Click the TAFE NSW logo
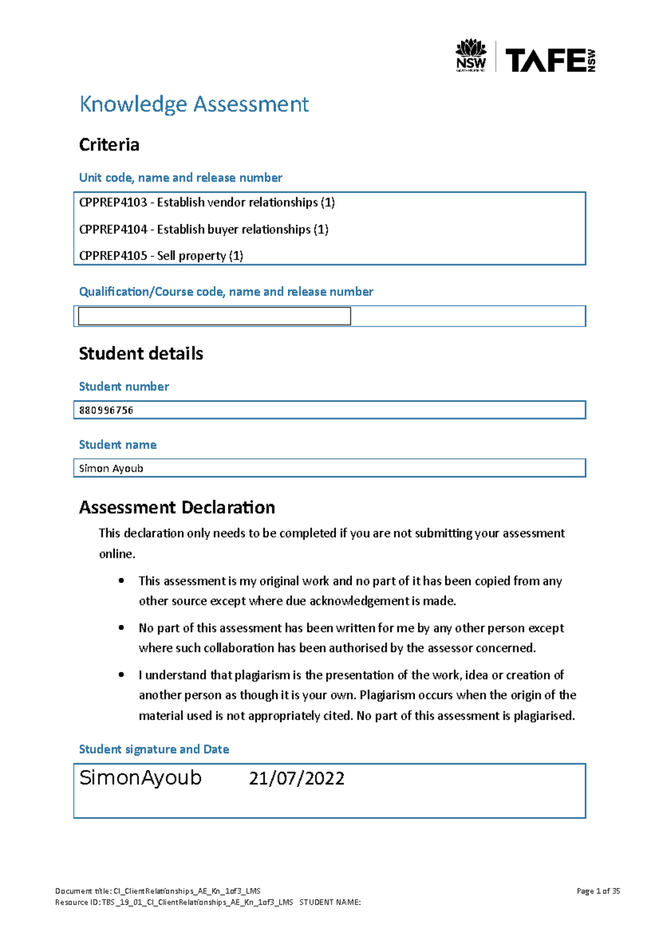coord(550,60)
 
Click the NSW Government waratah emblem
coord(471,55)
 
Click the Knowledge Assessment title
coord(194,104)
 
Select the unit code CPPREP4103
coord(113,203)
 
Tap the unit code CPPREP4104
coord(113,229)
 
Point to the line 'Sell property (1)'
coord(200,256)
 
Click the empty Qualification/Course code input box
coord(214,316)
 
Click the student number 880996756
coord(106,410)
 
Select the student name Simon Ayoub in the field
coord(111,468)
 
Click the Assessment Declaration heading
coord(177,507)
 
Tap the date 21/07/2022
coord(297,778)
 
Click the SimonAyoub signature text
coord(141,778)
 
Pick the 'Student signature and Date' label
coord(154,749)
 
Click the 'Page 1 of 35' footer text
coord(598,891)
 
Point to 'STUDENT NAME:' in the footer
coord(329,902)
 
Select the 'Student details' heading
coord(141,353)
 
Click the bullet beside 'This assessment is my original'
coord(121,581)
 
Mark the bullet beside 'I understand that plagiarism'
coord(121,675)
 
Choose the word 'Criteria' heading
coord(109,145)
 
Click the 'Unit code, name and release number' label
coord(180,178)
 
